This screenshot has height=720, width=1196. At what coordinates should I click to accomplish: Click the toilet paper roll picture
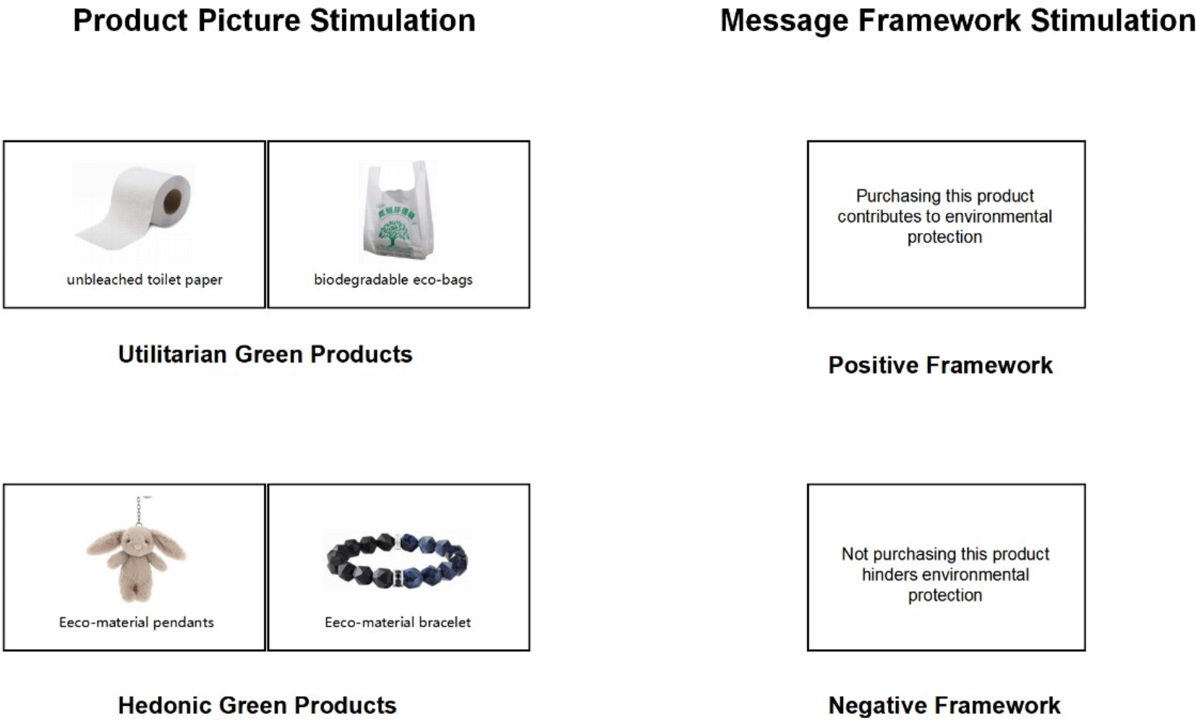tap(134, 212)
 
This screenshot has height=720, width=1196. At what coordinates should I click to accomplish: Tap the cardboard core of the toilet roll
tap(172, 201)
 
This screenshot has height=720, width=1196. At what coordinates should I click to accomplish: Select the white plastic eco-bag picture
tap(398, 211)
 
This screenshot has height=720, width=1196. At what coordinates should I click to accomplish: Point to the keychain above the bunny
tap(140, 511)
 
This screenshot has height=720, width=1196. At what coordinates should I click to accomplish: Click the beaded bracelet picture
tap(397, 560)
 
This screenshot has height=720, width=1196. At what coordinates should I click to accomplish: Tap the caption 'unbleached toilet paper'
tap(144, 280)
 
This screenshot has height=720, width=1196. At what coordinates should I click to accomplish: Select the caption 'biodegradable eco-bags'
tap(393, 280)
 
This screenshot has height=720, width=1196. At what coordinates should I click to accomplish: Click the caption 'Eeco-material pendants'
tap(136, 622)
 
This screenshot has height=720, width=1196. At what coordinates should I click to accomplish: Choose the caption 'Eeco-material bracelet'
tap(398, 622)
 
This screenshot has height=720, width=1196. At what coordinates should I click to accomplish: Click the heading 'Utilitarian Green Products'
tap(265, 354)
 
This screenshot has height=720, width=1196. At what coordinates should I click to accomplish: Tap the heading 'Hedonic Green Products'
tap(257, 705)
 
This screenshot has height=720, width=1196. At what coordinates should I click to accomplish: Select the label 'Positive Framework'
tap(940, 365)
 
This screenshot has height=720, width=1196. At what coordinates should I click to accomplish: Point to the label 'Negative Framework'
tap(944, 705)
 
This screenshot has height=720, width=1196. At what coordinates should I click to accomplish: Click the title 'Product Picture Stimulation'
tap(274, 20)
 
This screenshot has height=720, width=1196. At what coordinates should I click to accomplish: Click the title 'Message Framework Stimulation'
tap(958, 20)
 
